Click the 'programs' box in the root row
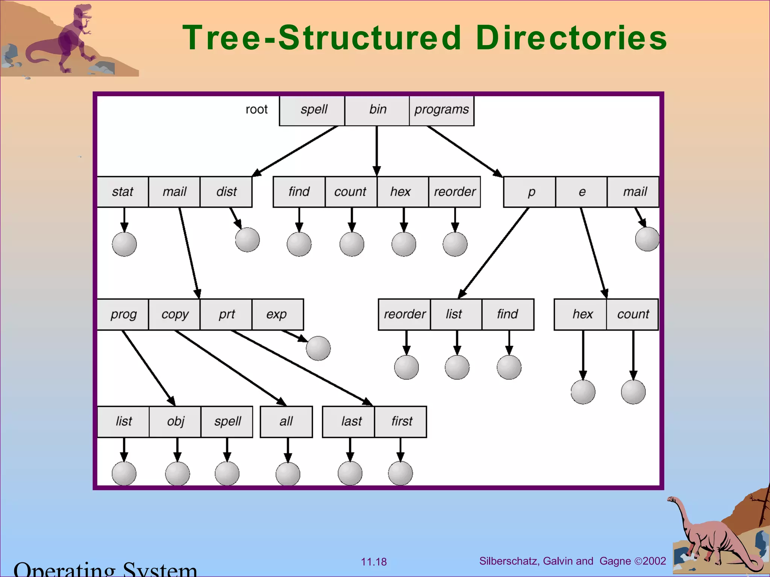click(x=441, y=110)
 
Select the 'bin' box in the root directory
click(x=377, y=110)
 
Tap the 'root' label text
click(x=256, y=110)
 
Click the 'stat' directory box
click(x=123, y=192)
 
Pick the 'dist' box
click(x=226, y=192)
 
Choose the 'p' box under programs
click(x=530, y=192)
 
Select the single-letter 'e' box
click(x=581, y=192)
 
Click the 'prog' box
click(x=123, y=314)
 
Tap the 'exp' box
click(x=277, y=314)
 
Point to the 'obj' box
click(x=175, y=421)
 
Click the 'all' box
click(x=286, y=421)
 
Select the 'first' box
click(x=401, y=421)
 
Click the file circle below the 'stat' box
click(x=124, y=244)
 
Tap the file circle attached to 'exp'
click(x=318, y=348)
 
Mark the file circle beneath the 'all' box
click(x=288, y=474)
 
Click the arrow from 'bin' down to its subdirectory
click(x=377, y=150)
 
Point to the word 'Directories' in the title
click(x=571, y=38)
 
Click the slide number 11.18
click(x=374, y=562)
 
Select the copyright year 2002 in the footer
click(x=655, y=561)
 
